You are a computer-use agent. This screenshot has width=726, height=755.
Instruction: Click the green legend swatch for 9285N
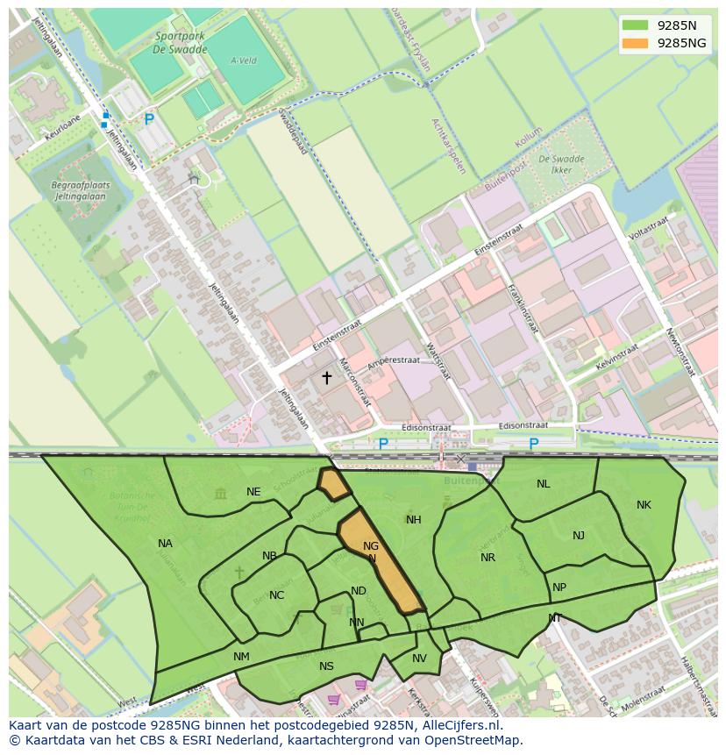tap(636, 25)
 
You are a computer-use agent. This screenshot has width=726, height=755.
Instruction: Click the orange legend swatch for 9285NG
tap(636, 43)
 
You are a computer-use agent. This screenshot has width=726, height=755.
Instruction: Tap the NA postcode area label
tap(165, 544)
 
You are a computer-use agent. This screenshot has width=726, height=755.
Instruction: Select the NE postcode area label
tap(253, 492)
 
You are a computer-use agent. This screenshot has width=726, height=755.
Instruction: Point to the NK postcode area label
tap(644, 505)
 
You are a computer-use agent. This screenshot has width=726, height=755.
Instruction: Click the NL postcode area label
tap(544, 484)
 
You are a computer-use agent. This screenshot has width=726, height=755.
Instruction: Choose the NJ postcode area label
tap(579, 536)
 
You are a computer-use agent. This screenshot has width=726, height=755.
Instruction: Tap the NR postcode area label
tap(488, 558)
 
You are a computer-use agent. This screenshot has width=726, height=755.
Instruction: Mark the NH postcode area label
tap(414, 520)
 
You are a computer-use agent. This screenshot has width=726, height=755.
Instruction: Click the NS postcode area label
tap(326, 666)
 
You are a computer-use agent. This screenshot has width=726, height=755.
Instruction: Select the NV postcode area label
tap(419, 659)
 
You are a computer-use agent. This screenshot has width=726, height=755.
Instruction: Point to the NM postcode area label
tap(241, 657)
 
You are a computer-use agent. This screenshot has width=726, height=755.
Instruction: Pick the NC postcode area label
tap(276, 595)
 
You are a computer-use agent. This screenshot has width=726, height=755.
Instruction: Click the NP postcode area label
tap(559, 588)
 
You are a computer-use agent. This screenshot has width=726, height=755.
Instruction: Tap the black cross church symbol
tap(327, 378)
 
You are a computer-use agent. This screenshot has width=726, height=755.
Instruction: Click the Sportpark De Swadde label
tap(181, 43)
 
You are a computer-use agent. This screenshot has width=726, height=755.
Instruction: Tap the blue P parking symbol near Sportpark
tap(149, 119)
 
